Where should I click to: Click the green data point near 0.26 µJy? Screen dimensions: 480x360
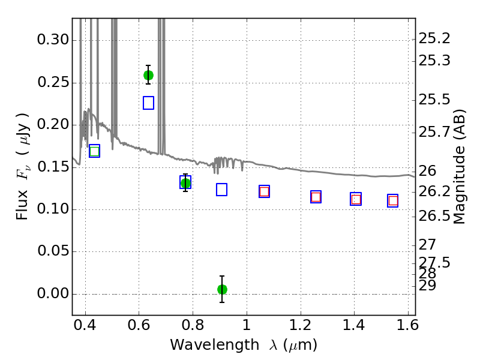coord(148,76)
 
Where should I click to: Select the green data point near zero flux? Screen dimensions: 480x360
coord(222,289)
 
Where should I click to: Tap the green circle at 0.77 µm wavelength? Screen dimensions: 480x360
coord(185,184)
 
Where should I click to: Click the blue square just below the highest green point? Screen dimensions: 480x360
coord(148,103)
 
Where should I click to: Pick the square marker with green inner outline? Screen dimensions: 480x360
coord(95,151)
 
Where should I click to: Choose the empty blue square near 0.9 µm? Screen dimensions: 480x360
coord(221,190)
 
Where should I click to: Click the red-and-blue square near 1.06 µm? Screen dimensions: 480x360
coord(264,191)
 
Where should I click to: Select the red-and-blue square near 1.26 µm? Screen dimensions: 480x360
coord(316,197)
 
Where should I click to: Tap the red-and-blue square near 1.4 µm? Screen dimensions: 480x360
coord(356,199)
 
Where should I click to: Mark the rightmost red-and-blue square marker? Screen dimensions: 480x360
coord(393,201)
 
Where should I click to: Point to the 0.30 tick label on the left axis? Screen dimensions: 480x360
coord(53,40)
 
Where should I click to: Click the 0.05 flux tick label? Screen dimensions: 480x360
coord(53,251)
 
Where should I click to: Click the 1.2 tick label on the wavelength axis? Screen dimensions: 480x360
coord(301,325)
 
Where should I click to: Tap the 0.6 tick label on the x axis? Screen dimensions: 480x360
coord(139,325)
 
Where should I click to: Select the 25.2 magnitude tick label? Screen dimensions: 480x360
coord(434,38)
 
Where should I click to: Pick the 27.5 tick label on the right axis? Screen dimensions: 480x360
coord(434,263)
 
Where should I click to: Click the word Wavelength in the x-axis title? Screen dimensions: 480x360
coord(215,346)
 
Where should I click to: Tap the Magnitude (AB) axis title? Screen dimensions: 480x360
coord(458,167)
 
